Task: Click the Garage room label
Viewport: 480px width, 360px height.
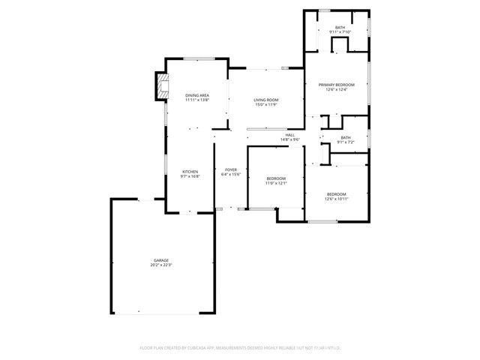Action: tap(161, 259)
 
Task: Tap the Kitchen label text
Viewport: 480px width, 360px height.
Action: tap(190, 172)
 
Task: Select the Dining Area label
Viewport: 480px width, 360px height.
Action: tap(196, 95)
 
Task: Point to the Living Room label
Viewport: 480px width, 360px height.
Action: tap(265, 100)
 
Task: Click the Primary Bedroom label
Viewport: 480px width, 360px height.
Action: tap(335, 85)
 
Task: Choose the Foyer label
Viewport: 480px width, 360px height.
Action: tap(231, 169)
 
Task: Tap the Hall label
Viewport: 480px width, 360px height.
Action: tap(289, 135)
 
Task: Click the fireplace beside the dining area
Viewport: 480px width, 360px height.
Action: tap(160, 85)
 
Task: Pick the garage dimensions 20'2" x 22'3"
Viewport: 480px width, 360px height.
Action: tap(161, 265)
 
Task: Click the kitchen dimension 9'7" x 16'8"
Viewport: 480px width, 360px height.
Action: tap(190, 177)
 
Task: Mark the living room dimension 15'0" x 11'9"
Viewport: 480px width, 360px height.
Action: tap(265, 105)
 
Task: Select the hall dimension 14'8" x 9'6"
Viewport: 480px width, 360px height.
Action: tap(289, 140)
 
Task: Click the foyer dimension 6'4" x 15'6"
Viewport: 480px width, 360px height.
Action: tap(231, 175)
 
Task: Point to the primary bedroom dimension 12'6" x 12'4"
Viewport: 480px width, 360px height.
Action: tap(335, 90)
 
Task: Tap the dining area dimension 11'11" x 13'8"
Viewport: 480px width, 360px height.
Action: tap(196, 100)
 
